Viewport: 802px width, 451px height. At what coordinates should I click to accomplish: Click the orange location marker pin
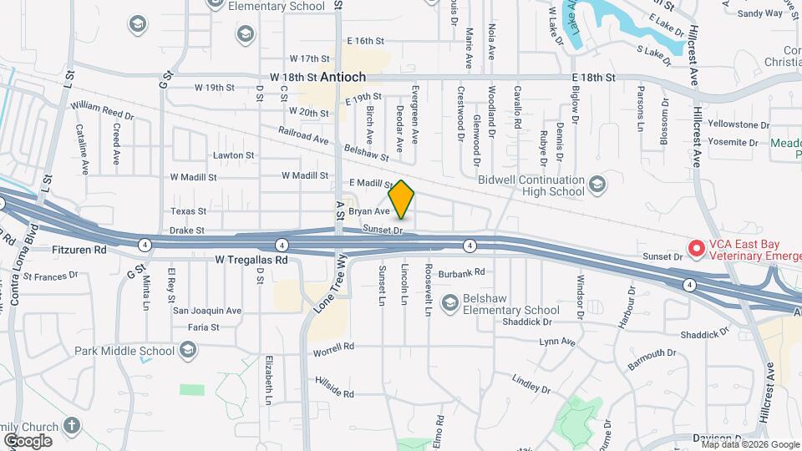pos(402,200)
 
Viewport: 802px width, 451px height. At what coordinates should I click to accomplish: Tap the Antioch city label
pos(343,77)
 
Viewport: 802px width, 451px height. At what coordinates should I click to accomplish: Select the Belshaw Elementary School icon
pos(450,302)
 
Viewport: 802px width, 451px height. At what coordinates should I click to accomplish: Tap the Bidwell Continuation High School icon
pos(596,183)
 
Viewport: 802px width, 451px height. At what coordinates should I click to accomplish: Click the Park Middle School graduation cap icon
pos(188,349)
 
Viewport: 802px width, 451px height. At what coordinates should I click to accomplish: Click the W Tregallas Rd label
pos(251,260)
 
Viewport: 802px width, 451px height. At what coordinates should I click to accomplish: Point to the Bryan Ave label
pos(369,212)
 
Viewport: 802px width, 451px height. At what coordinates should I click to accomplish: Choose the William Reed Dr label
pos(102,109)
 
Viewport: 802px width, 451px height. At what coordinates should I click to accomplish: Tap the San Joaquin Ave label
pos(207,311)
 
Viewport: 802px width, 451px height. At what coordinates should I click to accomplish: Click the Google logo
pos(28,440)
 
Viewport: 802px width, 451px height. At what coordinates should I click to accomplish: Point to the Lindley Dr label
pos(531,384)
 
